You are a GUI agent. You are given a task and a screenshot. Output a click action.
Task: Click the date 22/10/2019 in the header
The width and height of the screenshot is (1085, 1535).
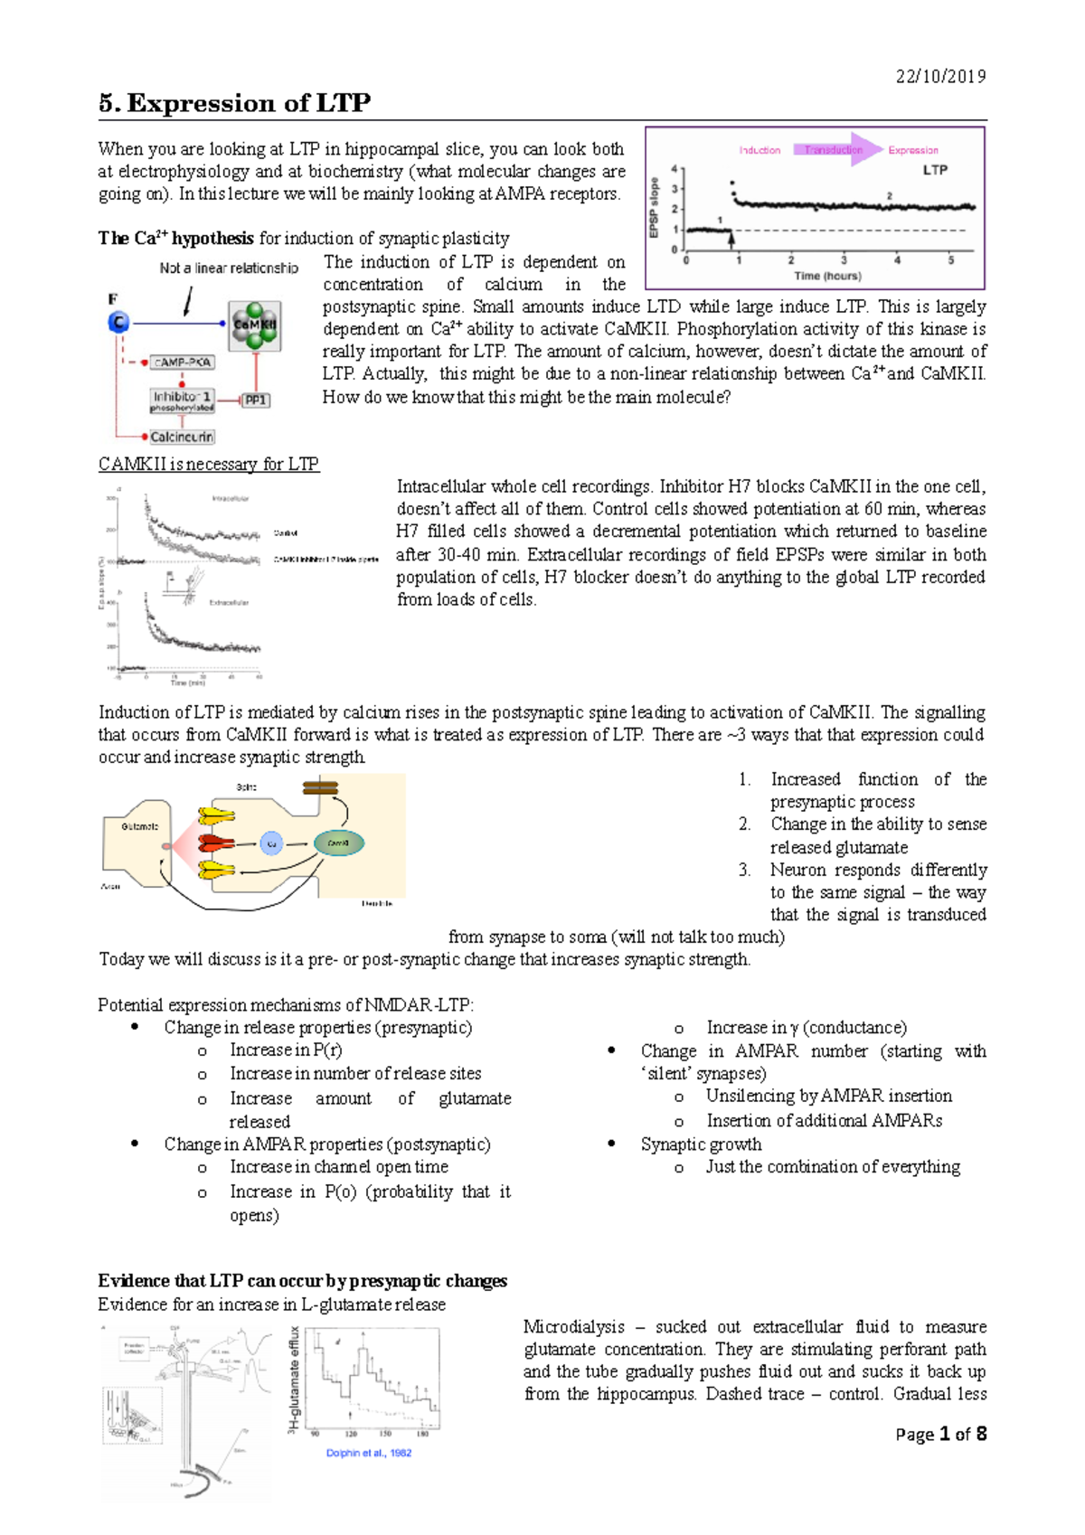[x=940, y=77]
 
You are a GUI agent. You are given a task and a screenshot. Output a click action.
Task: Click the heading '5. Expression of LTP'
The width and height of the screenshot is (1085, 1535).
[x=235, y=103]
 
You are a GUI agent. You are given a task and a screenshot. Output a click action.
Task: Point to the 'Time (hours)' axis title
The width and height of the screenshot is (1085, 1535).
[x=827, y=276]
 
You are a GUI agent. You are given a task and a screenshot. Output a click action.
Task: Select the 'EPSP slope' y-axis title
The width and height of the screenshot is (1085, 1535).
[x=654, y=208]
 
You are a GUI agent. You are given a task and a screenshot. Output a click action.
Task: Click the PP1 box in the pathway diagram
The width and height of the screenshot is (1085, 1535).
[x=256, y=400]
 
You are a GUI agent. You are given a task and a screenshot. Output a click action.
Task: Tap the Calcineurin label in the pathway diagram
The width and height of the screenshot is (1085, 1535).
[x=181, y=437]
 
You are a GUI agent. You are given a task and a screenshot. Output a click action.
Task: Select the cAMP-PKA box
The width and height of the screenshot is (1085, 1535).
[x=183, y=362]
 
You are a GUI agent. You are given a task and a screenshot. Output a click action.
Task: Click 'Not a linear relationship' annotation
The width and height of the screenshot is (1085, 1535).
[x=229, y=268]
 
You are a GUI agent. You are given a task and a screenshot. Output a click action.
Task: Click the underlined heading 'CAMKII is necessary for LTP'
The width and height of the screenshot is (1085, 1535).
[x=209, y=464]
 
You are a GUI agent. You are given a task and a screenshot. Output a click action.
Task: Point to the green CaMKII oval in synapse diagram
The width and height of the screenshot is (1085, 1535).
[x=339, y=843]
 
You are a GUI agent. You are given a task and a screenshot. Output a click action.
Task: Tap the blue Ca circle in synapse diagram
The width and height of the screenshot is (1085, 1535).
[x=271, y=843]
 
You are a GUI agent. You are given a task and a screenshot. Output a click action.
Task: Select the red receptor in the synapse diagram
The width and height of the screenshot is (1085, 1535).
[x=214, y=843]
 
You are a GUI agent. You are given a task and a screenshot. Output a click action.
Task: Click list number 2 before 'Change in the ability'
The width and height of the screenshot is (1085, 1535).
[x=744, y=824]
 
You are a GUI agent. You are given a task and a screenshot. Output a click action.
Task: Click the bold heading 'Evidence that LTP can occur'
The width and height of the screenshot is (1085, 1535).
[x=302, y=1281]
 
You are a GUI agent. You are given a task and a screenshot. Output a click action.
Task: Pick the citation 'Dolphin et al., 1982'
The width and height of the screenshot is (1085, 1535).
[x=368, y=1453]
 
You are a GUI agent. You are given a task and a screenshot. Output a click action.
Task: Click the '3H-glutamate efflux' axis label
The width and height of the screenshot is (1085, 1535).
[x=293, y=1380]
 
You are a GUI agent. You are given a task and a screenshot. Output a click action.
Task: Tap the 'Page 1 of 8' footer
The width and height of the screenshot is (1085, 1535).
[x=940, y=1434]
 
